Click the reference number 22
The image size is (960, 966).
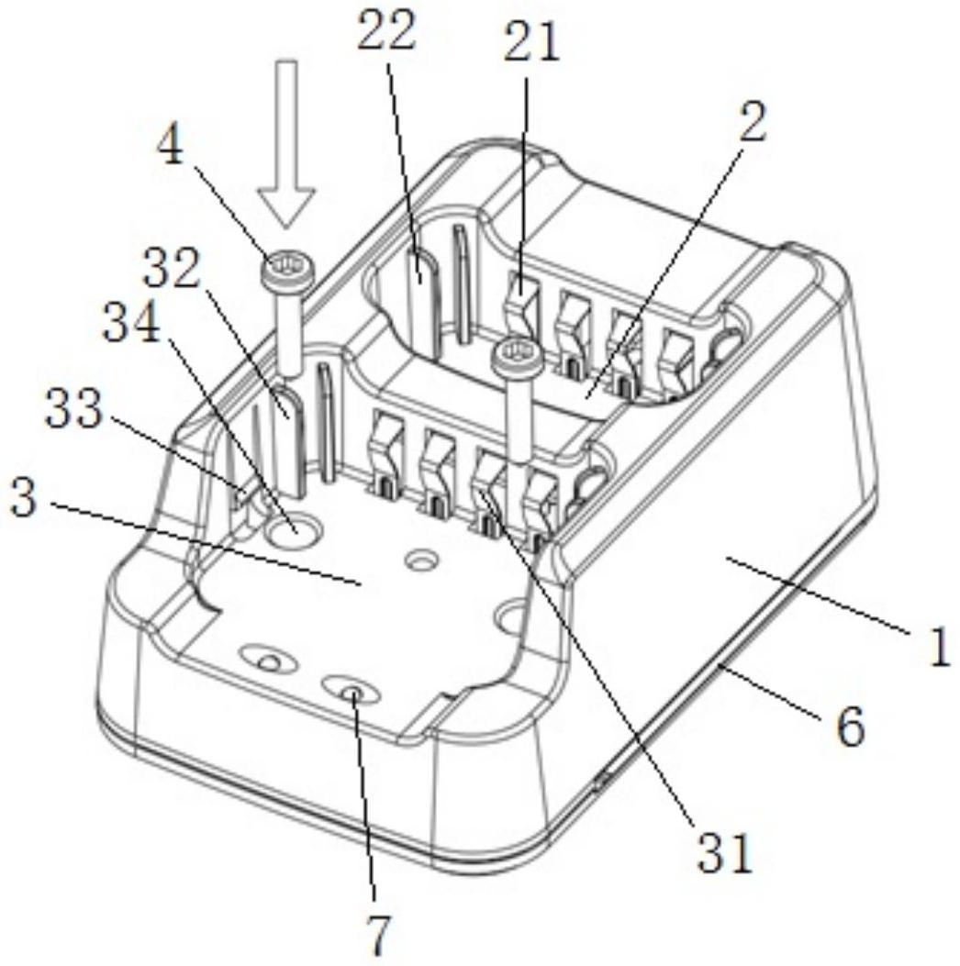[x=386, y=34]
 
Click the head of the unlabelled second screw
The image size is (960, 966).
[x=509, y=353]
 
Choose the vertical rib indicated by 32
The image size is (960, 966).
[x=283, y=408]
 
